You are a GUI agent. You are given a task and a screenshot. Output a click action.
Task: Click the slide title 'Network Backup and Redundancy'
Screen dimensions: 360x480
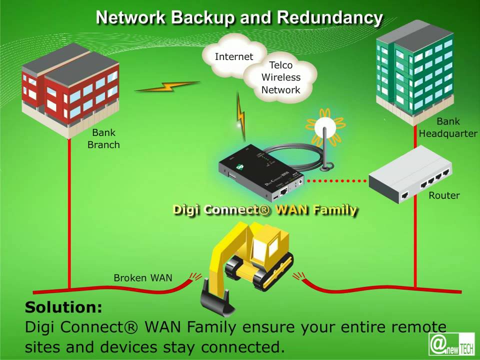click(x=239, y=17)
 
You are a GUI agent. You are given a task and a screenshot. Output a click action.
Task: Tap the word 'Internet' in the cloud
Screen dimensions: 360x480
click(x=233, y=56)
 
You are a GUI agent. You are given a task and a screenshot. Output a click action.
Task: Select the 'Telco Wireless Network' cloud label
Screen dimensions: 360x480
click(x=281, y=77)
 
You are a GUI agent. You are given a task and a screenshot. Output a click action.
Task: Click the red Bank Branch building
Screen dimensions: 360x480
click(x=70, y=90)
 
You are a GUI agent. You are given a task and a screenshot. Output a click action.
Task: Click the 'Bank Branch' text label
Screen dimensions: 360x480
click(x=103, y=138)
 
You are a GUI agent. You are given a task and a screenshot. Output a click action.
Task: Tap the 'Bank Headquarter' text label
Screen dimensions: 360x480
click(x=448, y=127)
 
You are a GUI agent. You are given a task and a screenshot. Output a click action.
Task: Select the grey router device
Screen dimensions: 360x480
click(x=410, y=175)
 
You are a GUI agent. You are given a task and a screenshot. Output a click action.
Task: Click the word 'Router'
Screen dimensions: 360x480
click(x=444, y=195)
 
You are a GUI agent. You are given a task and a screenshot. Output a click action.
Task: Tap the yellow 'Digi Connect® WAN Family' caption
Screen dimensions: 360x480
click(x=264, y=209)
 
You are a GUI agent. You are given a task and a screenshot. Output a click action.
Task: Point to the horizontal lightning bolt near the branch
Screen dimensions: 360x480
click(x=167, y=87)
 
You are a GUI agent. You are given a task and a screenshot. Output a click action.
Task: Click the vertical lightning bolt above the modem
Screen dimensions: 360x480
click(x=241, y=116)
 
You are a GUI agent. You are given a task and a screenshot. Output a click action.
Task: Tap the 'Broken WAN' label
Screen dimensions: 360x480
click(x=142, y=277)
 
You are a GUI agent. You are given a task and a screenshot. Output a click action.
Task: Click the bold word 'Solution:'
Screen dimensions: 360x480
click(x=63, y=306)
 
